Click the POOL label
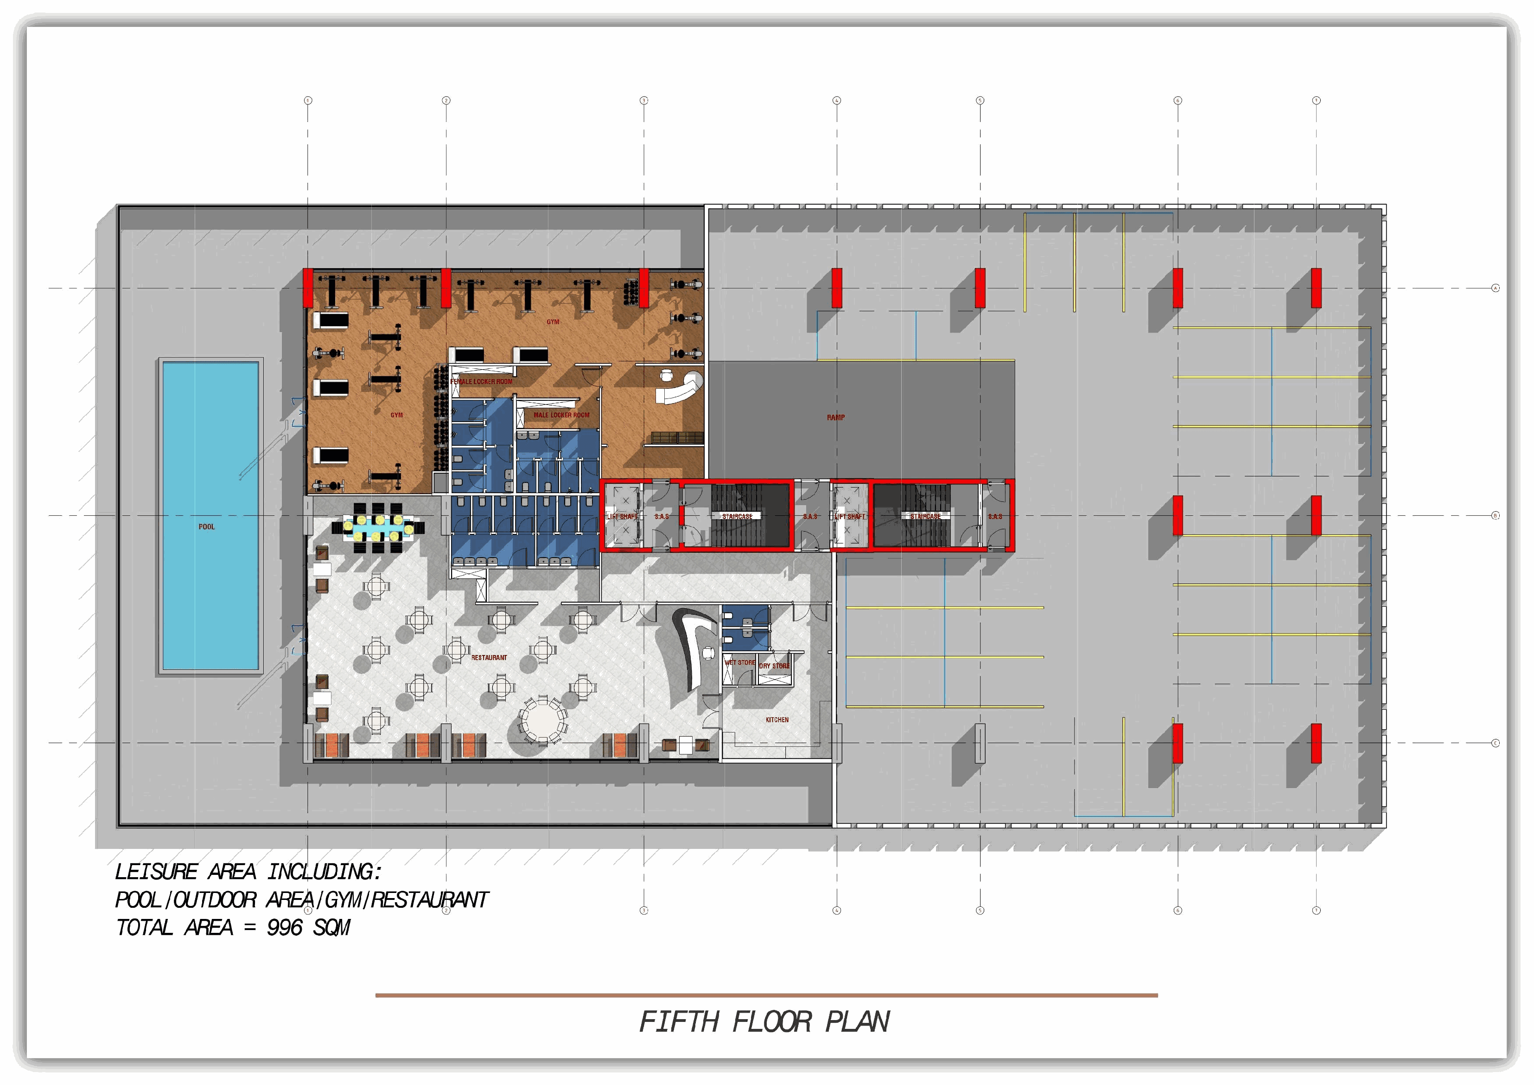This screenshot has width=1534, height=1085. (206, 527)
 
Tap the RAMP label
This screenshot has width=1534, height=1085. (836, 417)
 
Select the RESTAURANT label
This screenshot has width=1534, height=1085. (489, 658)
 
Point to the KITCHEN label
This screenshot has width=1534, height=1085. (777, 720)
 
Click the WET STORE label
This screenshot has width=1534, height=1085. (739, 662)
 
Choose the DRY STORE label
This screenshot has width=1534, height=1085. (774, 666)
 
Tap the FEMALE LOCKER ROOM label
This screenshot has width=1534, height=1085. (482, 382)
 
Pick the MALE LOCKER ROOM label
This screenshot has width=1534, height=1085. (561, 415)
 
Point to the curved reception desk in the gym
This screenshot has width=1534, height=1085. (681, 388)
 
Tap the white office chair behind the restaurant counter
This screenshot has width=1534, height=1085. (708, 652)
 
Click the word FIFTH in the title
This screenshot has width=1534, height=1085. (679, 1021)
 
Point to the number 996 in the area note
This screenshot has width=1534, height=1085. (285, 928)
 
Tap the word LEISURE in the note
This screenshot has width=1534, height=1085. (156, 872)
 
